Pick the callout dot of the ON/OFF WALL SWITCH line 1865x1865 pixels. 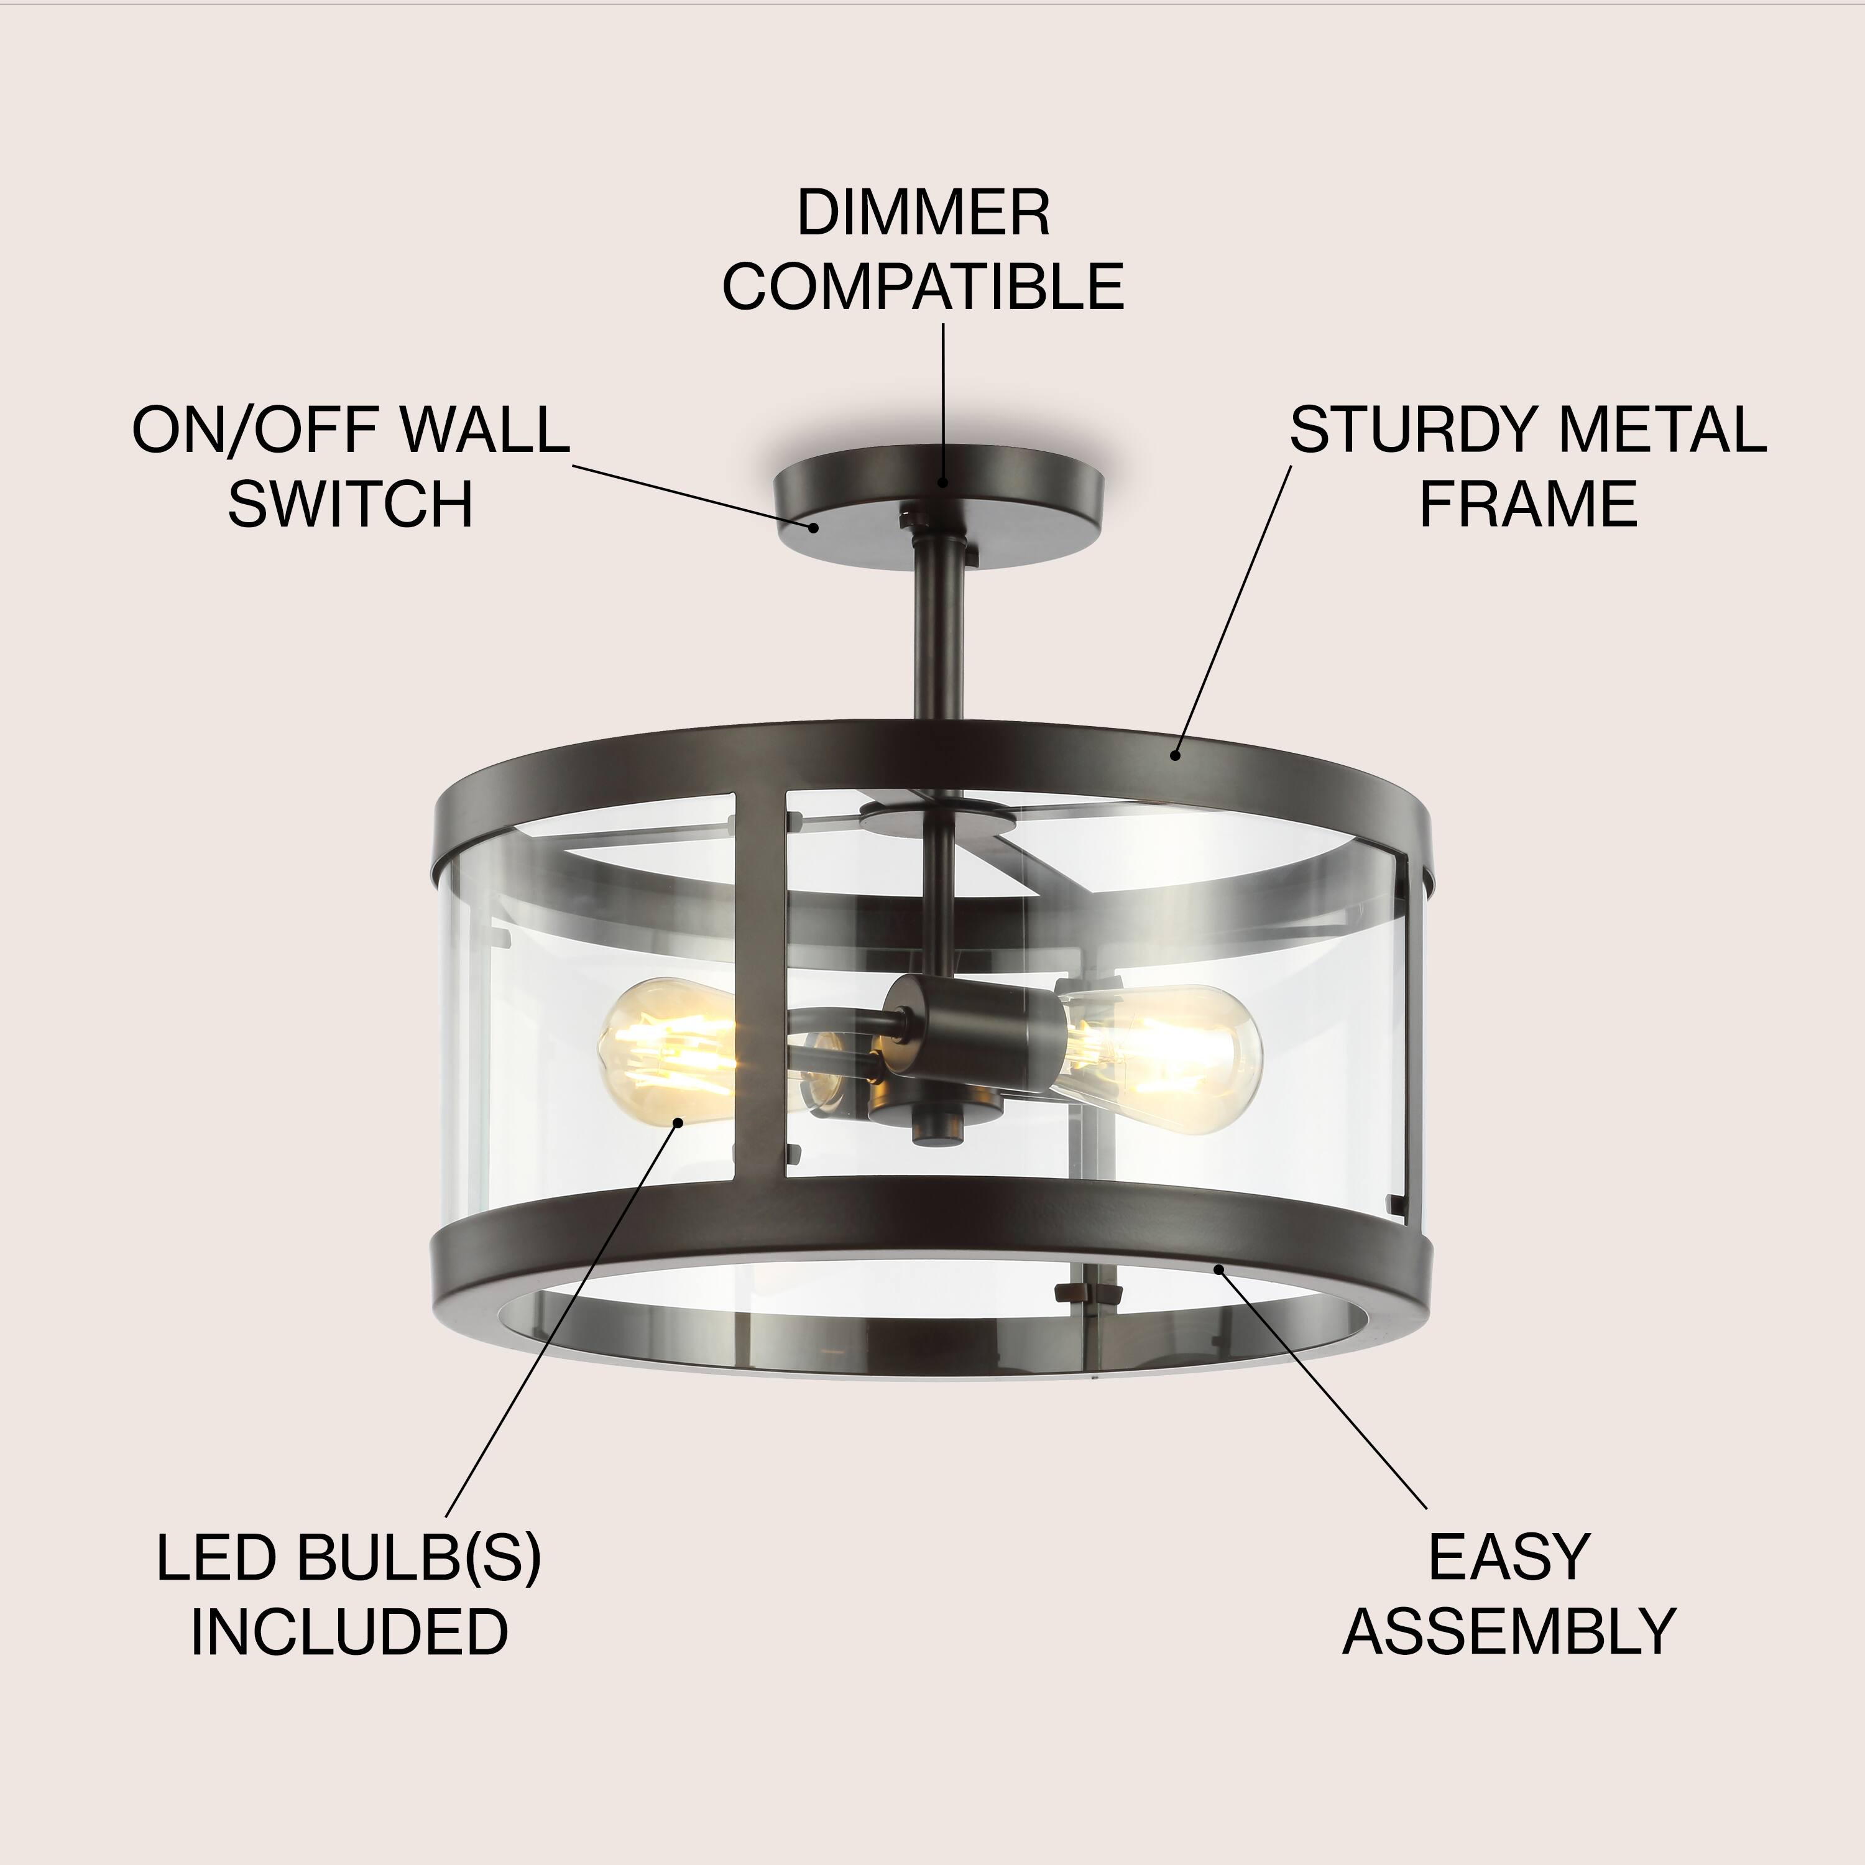[814, 526]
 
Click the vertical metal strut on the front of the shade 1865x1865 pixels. [758, 985]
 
